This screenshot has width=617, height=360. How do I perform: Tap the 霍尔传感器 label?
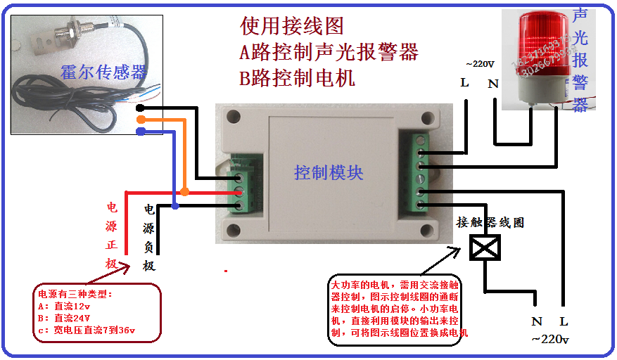click(x=103, y=72)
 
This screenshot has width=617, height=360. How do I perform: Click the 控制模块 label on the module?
click(x=329, y=172)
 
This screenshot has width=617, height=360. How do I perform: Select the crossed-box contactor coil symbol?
click(x=485, y=248)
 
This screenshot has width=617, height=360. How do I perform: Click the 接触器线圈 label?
click(x=490, y=222)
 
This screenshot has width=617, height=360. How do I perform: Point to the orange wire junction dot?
click(x=184, y=192)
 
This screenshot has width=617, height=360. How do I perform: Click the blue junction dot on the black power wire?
click(x=175, y=206)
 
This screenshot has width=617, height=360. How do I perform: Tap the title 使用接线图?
click(x=292, y=27)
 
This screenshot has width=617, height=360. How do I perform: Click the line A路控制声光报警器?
click(x=329, y=52)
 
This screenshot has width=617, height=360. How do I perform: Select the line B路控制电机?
click(x=297, y=77)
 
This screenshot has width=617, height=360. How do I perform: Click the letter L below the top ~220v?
click(x=464, y=83)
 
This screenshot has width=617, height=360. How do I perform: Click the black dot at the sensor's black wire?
click(x=141, y=108)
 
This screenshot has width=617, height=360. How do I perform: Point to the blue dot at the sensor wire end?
click(x=141, y=131)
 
